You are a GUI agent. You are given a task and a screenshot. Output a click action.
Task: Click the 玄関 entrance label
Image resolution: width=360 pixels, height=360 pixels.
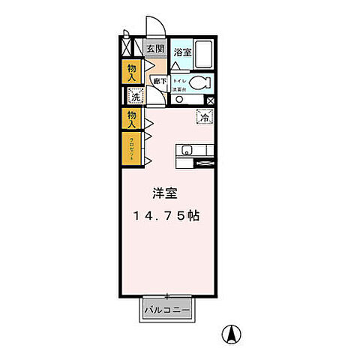[155, 50]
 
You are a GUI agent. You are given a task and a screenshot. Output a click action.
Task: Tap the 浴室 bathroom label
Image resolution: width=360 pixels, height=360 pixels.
[182, 52]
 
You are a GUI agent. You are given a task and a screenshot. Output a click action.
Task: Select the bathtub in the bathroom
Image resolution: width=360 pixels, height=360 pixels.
[205, 52]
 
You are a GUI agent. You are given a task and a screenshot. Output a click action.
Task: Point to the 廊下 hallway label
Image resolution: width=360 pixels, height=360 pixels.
[159, 81]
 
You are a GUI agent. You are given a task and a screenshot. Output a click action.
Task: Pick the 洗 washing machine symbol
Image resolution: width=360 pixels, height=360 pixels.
[136, 96]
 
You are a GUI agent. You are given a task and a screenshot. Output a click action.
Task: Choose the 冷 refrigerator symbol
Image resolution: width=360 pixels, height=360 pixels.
[204, 116]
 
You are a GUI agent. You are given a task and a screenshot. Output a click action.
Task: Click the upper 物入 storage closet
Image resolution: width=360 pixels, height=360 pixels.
[130, 72]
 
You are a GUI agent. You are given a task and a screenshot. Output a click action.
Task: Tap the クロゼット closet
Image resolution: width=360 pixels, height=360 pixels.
[131, 148]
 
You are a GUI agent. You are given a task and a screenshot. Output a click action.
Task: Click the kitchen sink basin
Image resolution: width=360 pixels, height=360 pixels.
[186, 148]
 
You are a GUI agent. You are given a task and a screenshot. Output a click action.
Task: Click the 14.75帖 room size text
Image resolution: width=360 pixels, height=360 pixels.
[166, 215]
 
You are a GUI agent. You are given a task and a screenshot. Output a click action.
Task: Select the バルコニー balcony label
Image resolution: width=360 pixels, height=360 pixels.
[167, 309]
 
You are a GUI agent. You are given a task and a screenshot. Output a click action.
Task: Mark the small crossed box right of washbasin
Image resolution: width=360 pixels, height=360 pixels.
[211, 99]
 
